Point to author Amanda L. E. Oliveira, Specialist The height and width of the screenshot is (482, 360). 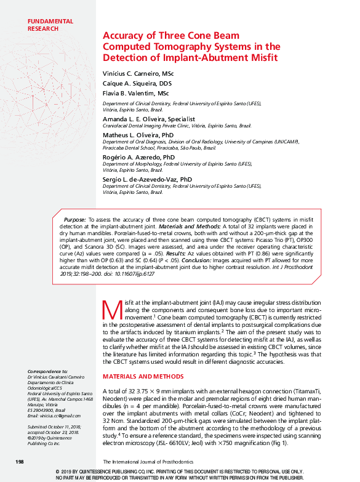click(148, 118)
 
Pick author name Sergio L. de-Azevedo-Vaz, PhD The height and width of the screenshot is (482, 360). click(147, 179)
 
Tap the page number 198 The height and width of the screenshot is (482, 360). click(18, 462)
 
